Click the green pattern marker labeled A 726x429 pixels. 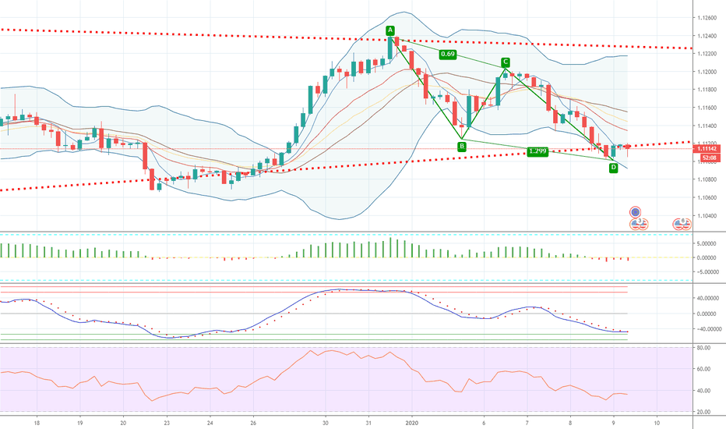390,30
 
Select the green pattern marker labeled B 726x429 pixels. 462,147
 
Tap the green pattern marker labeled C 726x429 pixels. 505,62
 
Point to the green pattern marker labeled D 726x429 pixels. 613,168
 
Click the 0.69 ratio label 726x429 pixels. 448,55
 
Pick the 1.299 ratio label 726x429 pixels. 537,151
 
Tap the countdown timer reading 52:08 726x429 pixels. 710,158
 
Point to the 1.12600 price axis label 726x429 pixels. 707,18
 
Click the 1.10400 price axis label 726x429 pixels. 707,215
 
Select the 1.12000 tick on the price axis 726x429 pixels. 707,72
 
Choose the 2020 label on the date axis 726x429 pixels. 411,423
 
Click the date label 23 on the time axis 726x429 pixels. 167,423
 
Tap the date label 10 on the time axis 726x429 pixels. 657,423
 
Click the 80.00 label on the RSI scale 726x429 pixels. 703,348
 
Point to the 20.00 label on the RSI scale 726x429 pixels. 703,412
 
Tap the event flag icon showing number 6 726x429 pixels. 682,224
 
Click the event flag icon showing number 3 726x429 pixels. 639,224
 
